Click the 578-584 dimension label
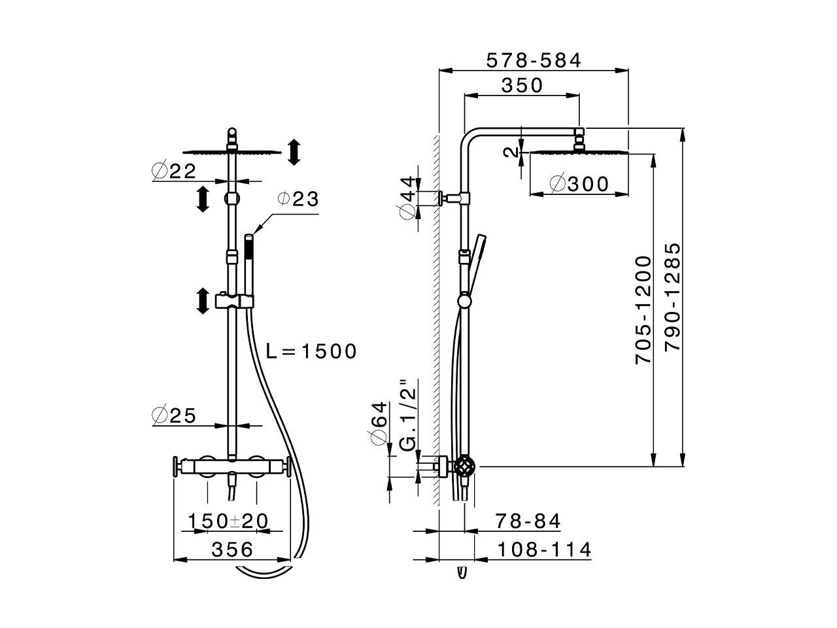point(534,60)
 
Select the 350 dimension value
point(522,85)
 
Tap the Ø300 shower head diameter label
point(579,184)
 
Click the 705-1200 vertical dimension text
point(643,310)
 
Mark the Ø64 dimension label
point(380,424)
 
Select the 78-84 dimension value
point(528,521)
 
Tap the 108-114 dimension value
point(543,549)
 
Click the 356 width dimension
point(232,549)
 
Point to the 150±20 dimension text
point(228,521)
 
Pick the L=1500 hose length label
point(311,351)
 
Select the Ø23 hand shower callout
point(298,199)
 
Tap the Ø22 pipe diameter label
point(174,171)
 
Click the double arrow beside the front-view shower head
point(294,152)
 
